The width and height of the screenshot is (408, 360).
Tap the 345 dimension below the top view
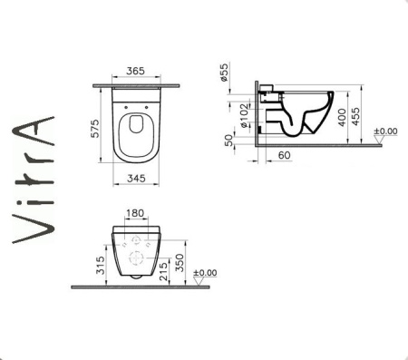click(137, 195)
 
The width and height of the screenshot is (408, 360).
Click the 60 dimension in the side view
click(283, 156)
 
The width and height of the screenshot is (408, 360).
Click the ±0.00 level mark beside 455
click(387, 131)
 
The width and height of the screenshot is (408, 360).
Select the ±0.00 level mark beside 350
click(206, 271)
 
